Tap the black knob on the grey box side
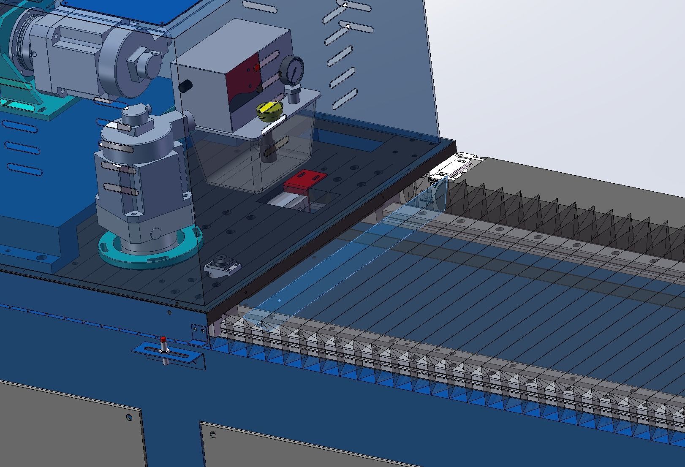185,86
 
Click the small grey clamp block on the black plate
223,266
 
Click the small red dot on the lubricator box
257,68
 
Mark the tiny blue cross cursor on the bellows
280,300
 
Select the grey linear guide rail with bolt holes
528,241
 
